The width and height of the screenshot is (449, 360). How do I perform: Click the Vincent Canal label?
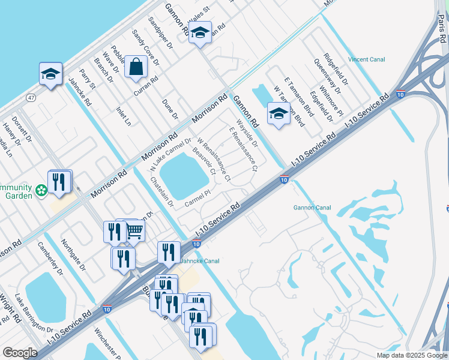coord(366,59)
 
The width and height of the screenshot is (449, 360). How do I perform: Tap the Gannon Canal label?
coord(312,208)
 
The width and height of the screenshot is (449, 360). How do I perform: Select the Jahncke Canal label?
coord(200,261)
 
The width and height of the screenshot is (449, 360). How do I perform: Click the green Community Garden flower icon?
coord(41,191)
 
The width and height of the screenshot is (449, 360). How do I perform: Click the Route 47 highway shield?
coord(30,97)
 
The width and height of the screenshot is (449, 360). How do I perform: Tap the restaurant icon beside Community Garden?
coord(59,181)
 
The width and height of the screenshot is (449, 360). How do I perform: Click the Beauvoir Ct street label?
coord(203,162)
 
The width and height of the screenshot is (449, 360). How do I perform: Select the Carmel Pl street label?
coord(197,199)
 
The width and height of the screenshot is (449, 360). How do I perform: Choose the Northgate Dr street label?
coord(74,254)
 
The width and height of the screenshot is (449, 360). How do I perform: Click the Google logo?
coord(20,353)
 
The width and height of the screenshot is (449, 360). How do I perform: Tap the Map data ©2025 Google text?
coord(411,355)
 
